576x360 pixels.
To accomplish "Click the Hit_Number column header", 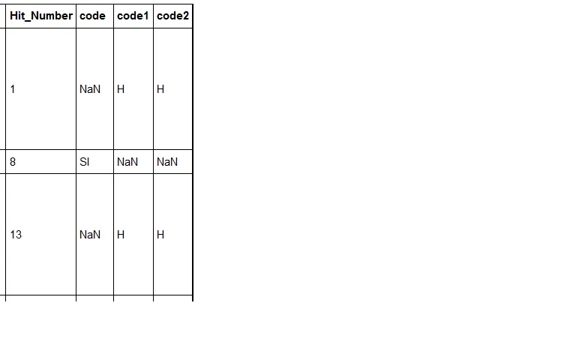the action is coord(41,16).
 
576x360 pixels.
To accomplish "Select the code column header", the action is coord(92,16).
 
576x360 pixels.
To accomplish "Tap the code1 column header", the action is coord(133,16).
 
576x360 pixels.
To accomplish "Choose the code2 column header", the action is coord(172,16).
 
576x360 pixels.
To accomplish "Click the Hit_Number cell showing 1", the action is coord(13,89).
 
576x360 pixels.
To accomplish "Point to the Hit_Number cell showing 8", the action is coord(13,162).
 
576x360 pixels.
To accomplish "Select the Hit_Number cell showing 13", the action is coord(16,235).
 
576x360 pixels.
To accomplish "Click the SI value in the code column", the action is coord(85,162).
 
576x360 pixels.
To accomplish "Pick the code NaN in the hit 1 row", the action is coord(90,89).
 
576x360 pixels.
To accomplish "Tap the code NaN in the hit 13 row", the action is coord(90,235).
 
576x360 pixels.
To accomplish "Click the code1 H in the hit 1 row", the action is coord(121,89).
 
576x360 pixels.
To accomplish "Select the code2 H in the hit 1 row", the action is coord(160,89).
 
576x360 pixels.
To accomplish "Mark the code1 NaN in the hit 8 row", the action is coord(127,162).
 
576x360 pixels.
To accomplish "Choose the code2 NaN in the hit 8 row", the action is coord(167,162).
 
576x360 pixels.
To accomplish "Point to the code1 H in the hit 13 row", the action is coord(121,235).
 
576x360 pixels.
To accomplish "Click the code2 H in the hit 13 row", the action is coord(160,235).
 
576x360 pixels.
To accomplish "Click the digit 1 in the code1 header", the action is coord(145,16).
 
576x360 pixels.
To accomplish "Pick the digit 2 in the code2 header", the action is coord(186,16).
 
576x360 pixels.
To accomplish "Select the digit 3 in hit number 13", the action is coord(19,235).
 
